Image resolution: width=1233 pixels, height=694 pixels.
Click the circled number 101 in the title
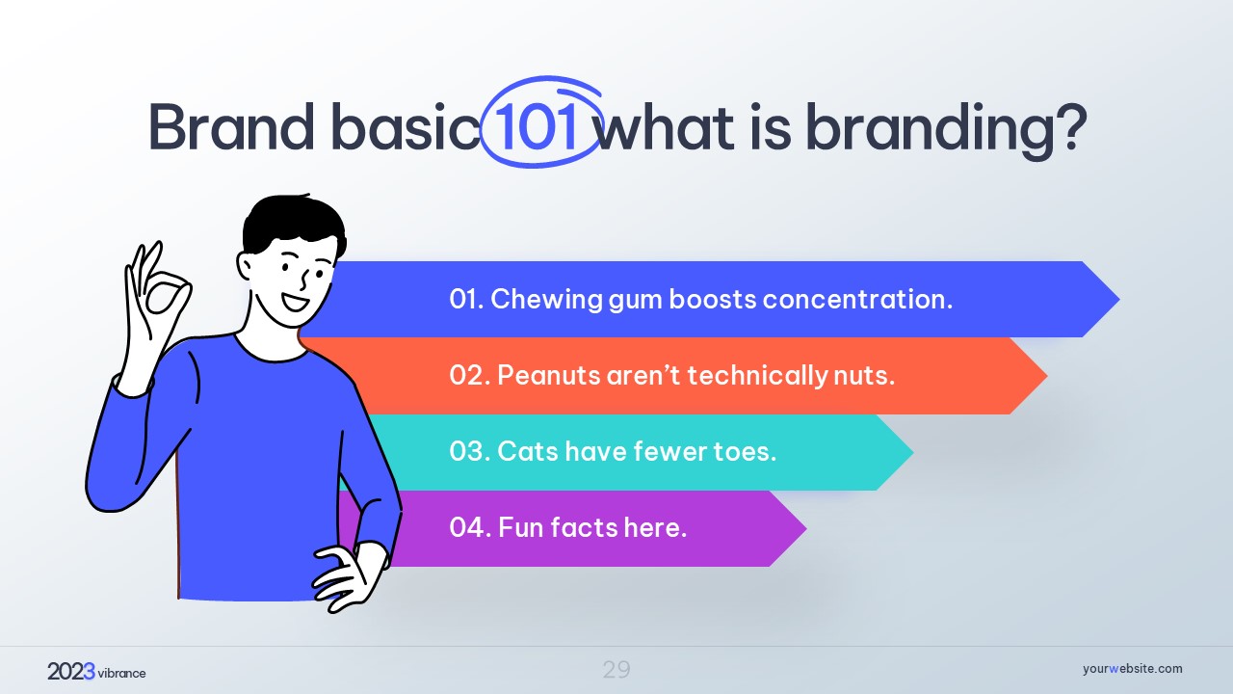pyautogui.click(x=537, y=128)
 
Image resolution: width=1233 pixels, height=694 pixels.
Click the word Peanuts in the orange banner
pyautogui.click(x=548, y=376)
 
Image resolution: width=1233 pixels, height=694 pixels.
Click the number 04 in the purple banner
pyautogui.click(x=467, y=527)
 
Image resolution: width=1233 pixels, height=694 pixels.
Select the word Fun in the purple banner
pyautogui.click(x=521, y=527)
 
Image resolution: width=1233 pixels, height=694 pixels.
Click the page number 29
pyautogui.click(x=616, y=670)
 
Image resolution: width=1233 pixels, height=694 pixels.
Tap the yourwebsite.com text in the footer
pyautogui.click(x=1132, y=669)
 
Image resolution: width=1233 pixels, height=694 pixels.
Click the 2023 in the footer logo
pyautogui.click(x=71, y=672)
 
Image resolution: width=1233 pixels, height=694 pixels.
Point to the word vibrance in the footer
pyautogui.click(x=121, y=673)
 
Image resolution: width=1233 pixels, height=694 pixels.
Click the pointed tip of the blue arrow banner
pyautogui.click(x=1119, y=299)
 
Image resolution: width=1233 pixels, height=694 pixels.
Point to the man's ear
pyautogui.click(x=246, y=265)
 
